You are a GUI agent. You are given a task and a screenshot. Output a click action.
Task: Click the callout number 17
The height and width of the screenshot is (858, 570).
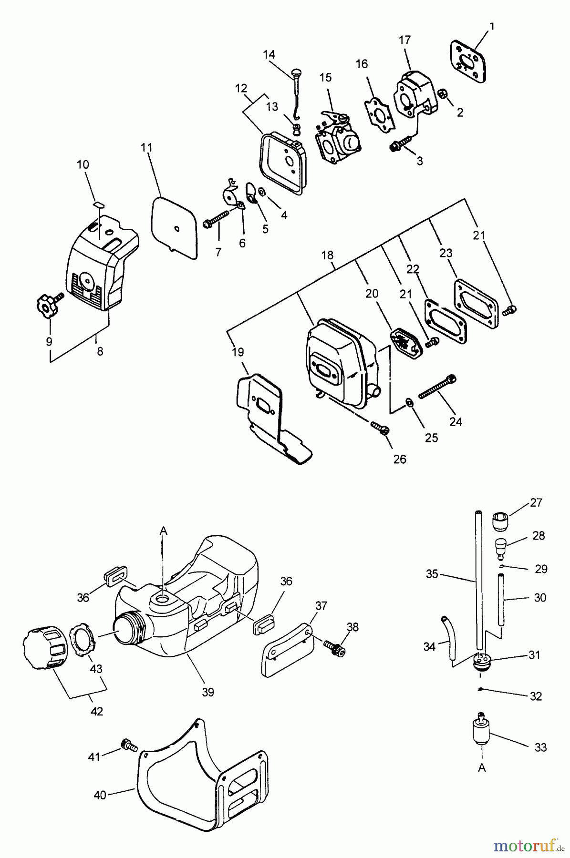point(404,41)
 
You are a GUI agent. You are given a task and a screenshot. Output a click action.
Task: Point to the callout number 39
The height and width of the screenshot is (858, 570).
point(207,692)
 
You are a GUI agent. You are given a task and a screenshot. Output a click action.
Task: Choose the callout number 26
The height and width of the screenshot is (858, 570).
point(400,459)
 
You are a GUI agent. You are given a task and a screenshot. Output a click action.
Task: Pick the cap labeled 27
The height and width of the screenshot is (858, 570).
point(499,521)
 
